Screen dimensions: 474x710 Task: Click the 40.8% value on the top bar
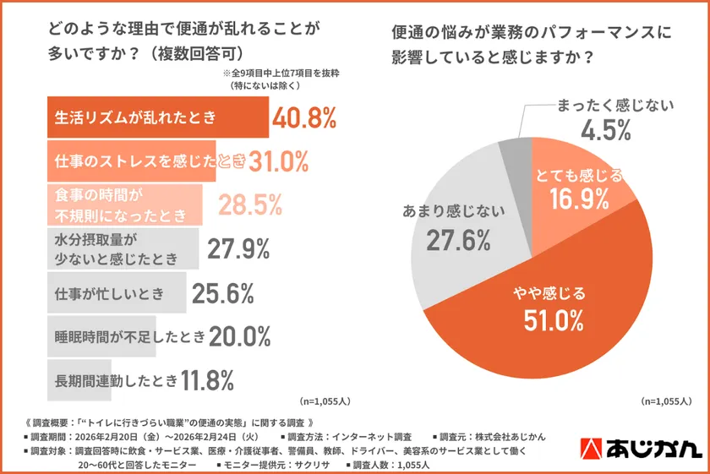click(x=304, y=117)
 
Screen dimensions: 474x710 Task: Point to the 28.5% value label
click(x=250, y=204)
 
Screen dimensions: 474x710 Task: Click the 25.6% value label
click(x=223, y=293)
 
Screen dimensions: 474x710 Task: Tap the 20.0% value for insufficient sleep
click(x=239, y=337)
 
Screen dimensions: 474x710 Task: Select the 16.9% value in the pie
click(x=580, y=200)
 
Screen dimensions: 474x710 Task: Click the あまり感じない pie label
click(x=448, y=213)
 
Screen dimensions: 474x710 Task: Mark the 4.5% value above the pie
click(x=605, y=131)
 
